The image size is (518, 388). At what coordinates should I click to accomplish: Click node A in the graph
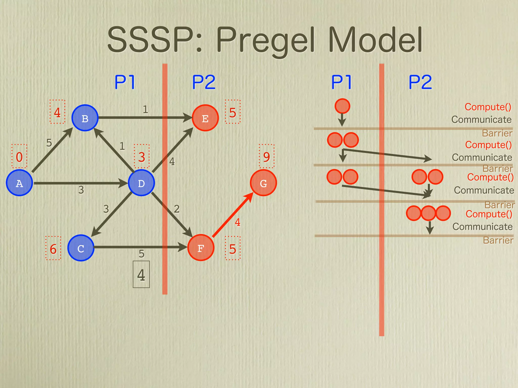[x=19, y=183]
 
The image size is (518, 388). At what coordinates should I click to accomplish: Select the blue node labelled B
[x=85, y=118]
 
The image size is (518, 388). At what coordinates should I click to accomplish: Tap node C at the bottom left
[x=81, y=248]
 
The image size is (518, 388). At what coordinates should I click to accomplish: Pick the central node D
[x=141, y=183]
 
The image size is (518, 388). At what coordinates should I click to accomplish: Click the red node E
[x=205, y=118]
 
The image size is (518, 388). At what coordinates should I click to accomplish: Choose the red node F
[x=201, y=248]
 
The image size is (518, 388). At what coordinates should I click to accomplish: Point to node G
[x=263, y=183]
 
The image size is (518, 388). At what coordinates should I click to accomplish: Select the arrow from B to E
[x=144, y=117]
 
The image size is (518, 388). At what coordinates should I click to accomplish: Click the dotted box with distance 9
[x=267, y=156]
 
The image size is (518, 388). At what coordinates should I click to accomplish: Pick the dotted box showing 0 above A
[x=19, y=156]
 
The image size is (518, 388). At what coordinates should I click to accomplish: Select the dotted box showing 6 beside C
[x=53, y=248]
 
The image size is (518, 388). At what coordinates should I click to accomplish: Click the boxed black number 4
[x=141, y=275]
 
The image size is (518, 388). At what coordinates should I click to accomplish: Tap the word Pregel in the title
[x=266, y=40]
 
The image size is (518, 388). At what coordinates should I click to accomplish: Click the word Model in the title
[x=375, y=40]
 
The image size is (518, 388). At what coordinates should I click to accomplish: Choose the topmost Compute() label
[x=488, y=107]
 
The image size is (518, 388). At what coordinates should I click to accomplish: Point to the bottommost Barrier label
[x=498, y=240]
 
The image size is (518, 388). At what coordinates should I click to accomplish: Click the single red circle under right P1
[x=342, y=106]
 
